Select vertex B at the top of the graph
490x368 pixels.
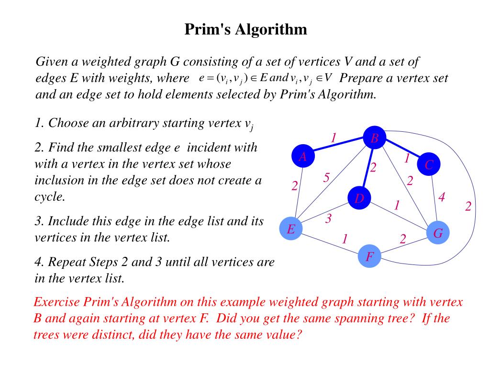coord(375,138)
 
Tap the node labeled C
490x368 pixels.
coord(429,165)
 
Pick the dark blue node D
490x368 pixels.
coord(360,198)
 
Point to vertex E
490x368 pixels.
coord(291,230)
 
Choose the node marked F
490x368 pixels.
coord(370,257)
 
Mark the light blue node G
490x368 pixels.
coord(438,233)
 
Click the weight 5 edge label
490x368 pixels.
coord(326,178)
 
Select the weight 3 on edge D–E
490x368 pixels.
coord(328,219)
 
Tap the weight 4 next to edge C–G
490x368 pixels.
coord(442,197)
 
